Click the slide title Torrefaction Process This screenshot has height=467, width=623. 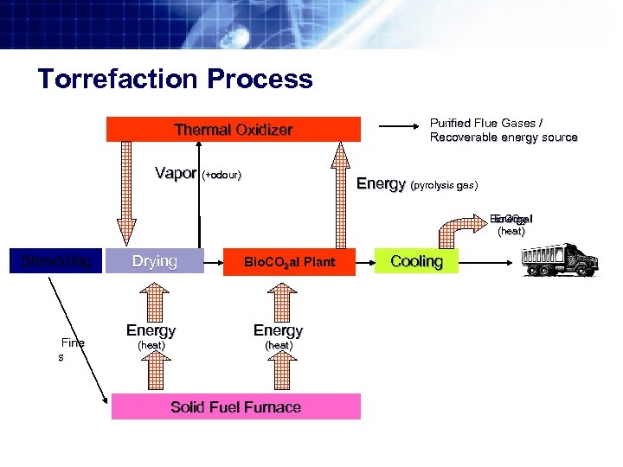coord(175,80)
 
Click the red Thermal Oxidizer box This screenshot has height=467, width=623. coord(233,130)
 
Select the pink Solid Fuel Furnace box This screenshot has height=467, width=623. coord(235,406)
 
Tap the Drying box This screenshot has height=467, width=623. coord(155,261)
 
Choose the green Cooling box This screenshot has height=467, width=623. coord(416,261)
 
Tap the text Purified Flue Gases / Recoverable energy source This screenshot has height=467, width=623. coord(503,130)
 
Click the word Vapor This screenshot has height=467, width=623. coord(176,173)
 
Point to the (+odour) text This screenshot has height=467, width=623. coord(222,176)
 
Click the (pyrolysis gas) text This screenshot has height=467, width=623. coord(445,185)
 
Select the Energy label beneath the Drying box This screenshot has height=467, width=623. coord(151,330)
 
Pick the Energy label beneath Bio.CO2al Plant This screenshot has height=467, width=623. coord(278,330)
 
